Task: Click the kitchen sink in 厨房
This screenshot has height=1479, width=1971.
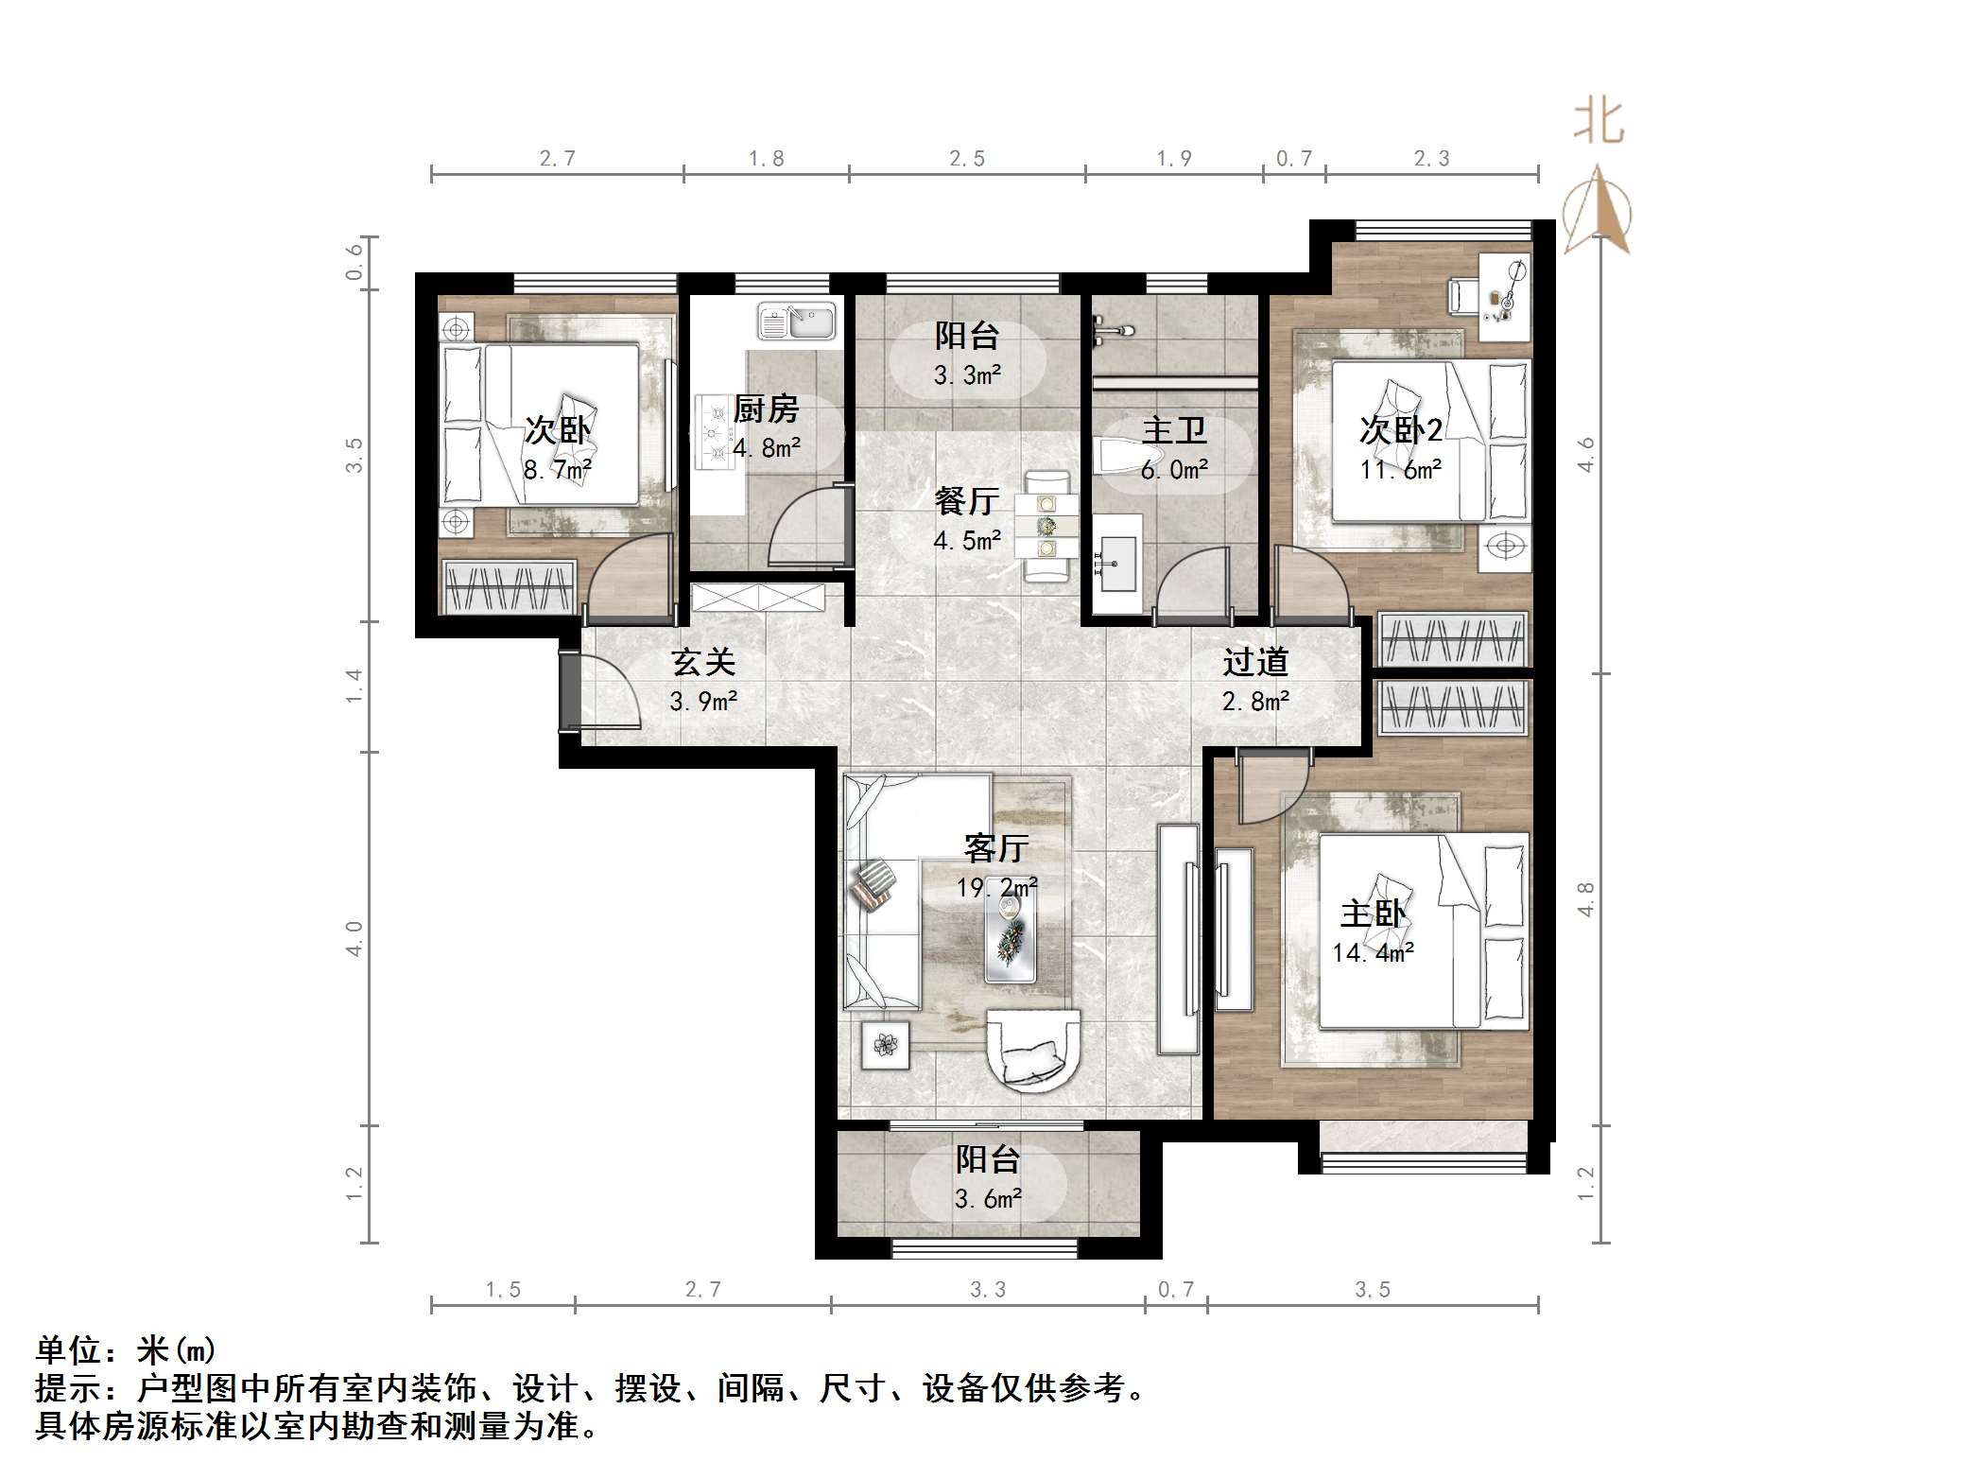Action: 797,322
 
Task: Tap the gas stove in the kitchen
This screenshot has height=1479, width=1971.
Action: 715,432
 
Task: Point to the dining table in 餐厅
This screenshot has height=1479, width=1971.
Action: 1046,526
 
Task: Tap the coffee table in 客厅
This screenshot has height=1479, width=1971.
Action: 1010,936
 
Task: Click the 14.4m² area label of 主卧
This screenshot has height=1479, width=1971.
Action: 1373,952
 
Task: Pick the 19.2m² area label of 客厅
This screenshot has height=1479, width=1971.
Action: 995,887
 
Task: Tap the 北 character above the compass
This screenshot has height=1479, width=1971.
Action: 1599,123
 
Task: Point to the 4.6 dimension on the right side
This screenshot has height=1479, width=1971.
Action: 1586,455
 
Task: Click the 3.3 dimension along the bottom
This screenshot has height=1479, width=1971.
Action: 988,1290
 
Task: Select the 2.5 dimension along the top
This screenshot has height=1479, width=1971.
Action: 967,159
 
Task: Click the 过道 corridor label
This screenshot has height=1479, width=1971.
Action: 1255,662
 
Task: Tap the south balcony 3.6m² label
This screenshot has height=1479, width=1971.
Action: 988,1199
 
